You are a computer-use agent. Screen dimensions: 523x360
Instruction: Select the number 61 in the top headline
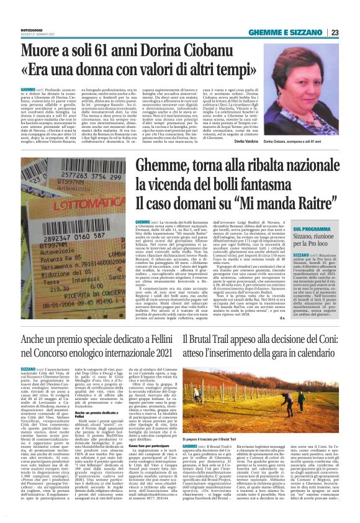(110, 50)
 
